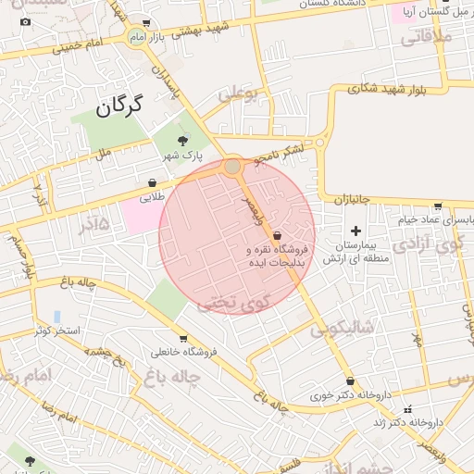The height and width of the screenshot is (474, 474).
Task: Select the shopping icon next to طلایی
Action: tap(152, 182)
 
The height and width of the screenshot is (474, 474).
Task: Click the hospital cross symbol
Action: tap(355, 230)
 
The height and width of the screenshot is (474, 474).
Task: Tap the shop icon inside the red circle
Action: tap(278, 237)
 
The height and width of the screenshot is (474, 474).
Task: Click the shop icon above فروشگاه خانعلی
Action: tap(183, 339)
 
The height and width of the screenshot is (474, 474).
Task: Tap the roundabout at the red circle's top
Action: tap(233, 167)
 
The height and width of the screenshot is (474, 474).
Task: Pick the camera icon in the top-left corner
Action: tap(25, 21)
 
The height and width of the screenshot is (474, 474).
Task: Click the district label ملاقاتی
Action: tap(427, 38)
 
